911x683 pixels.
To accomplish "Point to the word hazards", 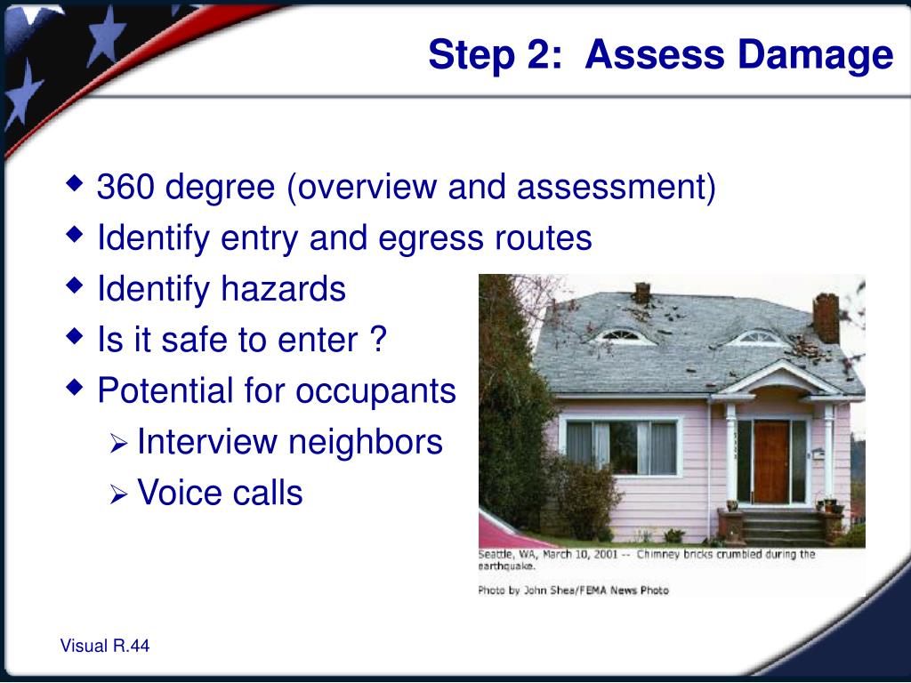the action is tap(284, 288).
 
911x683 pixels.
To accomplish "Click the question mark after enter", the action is tap(378, 339).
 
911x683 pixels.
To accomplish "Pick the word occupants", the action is tap(375, 391).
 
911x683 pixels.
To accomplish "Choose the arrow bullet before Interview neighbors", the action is tap(118, 445).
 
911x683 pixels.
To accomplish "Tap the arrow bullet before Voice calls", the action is tap(118, 495).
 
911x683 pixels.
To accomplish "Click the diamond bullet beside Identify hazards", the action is tap(75, 285).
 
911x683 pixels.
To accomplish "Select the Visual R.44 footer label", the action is tap(105, 646).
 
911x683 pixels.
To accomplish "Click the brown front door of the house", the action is tap(771, 462).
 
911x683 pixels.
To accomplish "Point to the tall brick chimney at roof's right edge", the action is tap(826, 317).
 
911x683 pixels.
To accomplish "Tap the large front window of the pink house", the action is tap(621, 446).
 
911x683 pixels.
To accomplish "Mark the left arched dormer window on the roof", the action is tap(621, 335).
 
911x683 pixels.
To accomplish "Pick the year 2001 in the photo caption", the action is tap(605, 554).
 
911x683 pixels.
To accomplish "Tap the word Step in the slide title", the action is tap(472, 56).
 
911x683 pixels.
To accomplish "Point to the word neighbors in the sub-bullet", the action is tap(366, 442).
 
